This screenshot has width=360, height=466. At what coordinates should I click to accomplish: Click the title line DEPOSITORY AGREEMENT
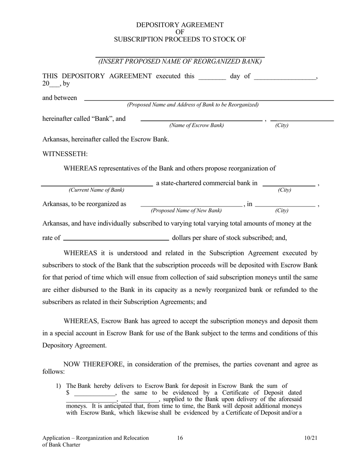(180, 25)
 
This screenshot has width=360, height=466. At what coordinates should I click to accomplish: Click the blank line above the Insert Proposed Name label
(180, 56)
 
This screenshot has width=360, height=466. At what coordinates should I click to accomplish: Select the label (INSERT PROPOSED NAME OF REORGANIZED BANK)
(180, 61)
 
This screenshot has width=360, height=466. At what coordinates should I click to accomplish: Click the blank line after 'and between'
(208, 100)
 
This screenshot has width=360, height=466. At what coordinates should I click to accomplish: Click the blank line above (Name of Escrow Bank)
(201, 120)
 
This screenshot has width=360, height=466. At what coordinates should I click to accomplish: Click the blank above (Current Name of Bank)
(97, 186)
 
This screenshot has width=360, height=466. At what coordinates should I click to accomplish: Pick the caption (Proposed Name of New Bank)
(186, 211)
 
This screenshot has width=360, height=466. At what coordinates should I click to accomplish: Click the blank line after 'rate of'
(116, 240)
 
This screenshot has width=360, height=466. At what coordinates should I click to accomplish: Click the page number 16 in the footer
(180, 438)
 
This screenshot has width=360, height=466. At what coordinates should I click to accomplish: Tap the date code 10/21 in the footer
(310, 438)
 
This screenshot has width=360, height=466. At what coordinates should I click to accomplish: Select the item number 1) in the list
(58, 386)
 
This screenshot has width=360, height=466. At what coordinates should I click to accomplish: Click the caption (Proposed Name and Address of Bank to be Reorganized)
(193, 105)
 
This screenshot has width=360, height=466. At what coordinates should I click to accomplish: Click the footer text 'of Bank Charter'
(61, 445)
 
